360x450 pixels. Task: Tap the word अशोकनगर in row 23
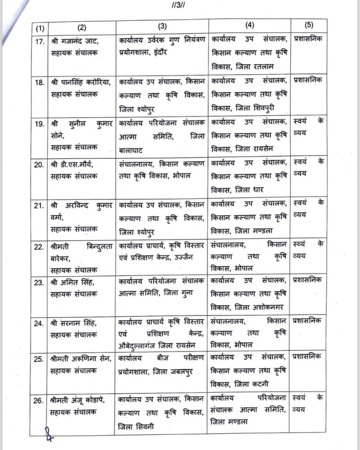click(269, 308)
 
